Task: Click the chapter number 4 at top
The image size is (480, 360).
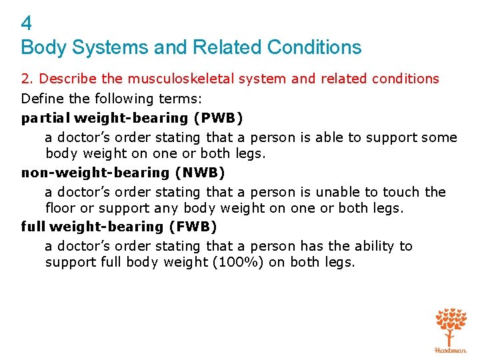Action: (x=26, y=24)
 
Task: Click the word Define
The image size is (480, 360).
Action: (x=42, y=99)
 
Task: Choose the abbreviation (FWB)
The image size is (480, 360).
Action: (x=193, y=227)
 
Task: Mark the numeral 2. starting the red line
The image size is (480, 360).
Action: (x=27, y=79)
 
